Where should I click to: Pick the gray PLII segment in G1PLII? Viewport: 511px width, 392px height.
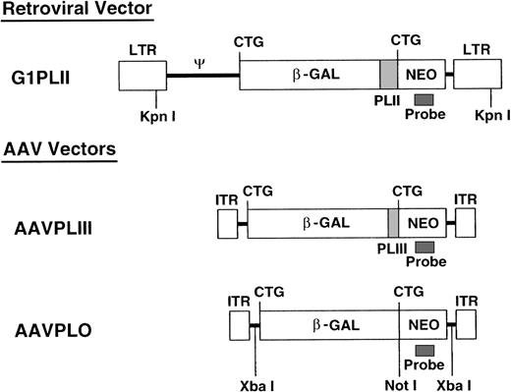point(387,76)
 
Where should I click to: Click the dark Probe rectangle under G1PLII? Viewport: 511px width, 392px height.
point(424,99)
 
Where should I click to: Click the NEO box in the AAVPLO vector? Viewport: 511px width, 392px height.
point(421,324)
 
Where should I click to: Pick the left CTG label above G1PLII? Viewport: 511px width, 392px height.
point(249,41)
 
